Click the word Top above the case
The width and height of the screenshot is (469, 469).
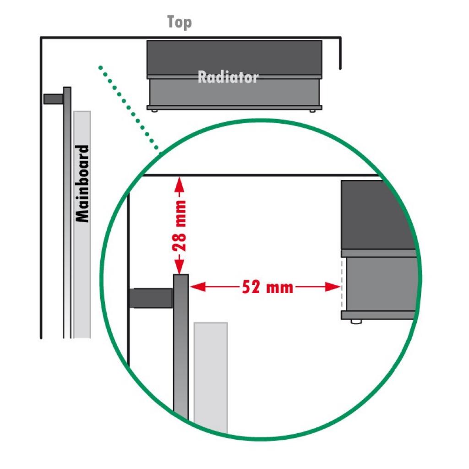[180, 22]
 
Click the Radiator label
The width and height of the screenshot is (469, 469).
[228, 77]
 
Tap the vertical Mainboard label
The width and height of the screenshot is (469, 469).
[82, 184]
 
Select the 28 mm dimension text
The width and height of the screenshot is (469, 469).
[180, 226]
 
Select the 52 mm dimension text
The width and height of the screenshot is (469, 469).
[267, 287]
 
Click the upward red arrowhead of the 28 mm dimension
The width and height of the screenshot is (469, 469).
[179, 184]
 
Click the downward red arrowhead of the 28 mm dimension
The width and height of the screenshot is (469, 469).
[179, 267]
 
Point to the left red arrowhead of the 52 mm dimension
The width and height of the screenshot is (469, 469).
[198, 287]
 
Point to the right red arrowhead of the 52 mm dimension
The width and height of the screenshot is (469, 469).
[333, 287]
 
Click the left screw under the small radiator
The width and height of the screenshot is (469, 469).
[154, 111]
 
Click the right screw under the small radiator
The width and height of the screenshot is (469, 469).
[312, 111]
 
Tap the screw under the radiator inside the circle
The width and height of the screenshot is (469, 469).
[356, 322]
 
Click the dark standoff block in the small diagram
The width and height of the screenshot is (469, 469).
[53, 99]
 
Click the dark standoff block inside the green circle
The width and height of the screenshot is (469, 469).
[151, 298]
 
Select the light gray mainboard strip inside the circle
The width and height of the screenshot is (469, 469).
[211, 377]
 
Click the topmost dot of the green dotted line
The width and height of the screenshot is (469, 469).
[100, 68]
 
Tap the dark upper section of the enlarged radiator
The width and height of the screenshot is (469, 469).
[376, 214]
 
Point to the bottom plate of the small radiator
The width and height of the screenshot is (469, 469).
[234, 107]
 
